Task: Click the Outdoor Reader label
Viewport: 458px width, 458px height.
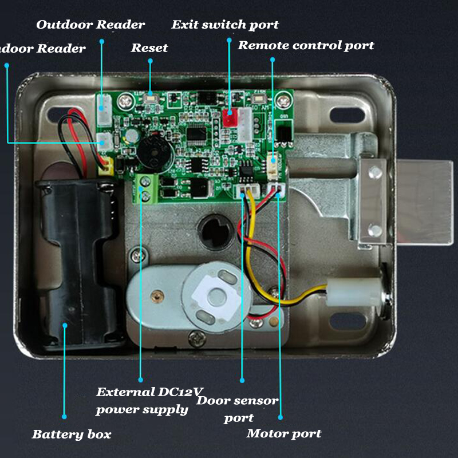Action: [90, 25]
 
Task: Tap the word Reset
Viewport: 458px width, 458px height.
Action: [149, 48]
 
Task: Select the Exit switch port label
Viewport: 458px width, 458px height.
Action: [225, 25]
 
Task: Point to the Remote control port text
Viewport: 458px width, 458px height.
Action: [306, 45]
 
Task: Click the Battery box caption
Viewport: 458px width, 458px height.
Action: [72, 434]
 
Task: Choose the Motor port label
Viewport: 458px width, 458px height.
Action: [284, 433]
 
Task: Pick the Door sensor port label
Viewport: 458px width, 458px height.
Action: [238, 409]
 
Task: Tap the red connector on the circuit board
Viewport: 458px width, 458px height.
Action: [230, 118]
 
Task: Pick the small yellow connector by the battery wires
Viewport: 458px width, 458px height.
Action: [104, 167]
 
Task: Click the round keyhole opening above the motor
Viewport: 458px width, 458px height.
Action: [213, 232]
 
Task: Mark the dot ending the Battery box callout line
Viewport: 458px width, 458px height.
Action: [65, 417]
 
